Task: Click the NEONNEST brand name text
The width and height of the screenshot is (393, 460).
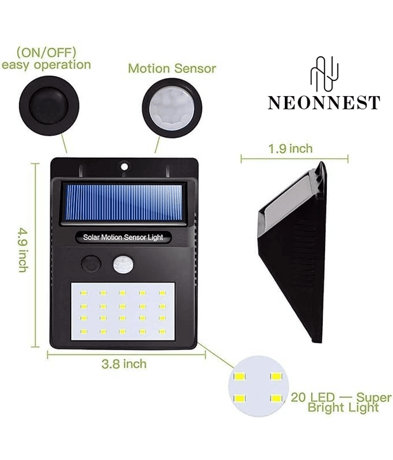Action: coord(324,103)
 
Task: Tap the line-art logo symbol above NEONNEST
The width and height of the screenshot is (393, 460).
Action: coord(325,74)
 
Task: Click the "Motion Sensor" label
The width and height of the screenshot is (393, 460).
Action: coord(172,68)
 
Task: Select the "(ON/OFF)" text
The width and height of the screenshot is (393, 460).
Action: coord(47,53)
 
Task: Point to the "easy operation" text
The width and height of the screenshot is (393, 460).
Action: coord(46,65)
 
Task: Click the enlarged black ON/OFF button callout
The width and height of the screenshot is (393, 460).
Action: coord(49,106)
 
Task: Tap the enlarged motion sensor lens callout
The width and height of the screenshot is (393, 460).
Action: coord(172,108)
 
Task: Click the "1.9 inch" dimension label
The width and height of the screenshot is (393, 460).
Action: coord(291,149)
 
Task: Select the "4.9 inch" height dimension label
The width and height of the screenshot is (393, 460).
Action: coord(23,250)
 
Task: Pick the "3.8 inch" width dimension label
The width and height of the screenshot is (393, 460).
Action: coord(124,364)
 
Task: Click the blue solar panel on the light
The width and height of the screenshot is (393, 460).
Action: coord(123,203)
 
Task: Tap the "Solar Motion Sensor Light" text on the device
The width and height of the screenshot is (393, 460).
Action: coord(123,237)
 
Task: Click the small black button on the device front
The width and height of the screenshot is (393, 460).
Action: coord(91,264)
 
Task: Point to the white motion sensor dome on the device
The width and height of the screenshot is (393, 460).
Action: coord(123,264)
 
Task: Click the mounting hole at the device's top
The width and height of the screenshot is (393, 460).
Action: coord(124,167)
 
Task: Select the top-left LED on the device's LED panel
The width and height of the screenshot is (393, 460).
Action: coord(83,293)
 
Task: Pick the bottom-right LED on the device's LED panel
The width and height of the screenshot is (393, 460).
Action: coord(162,332)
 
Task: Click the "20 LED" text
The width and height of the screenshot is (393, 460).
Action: coord(312,397)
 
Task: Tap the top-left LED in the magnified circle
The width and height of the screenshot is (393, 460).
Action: coord(240,376)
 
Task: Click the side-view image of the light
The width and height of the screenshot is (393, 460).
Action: coord(292,252)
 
